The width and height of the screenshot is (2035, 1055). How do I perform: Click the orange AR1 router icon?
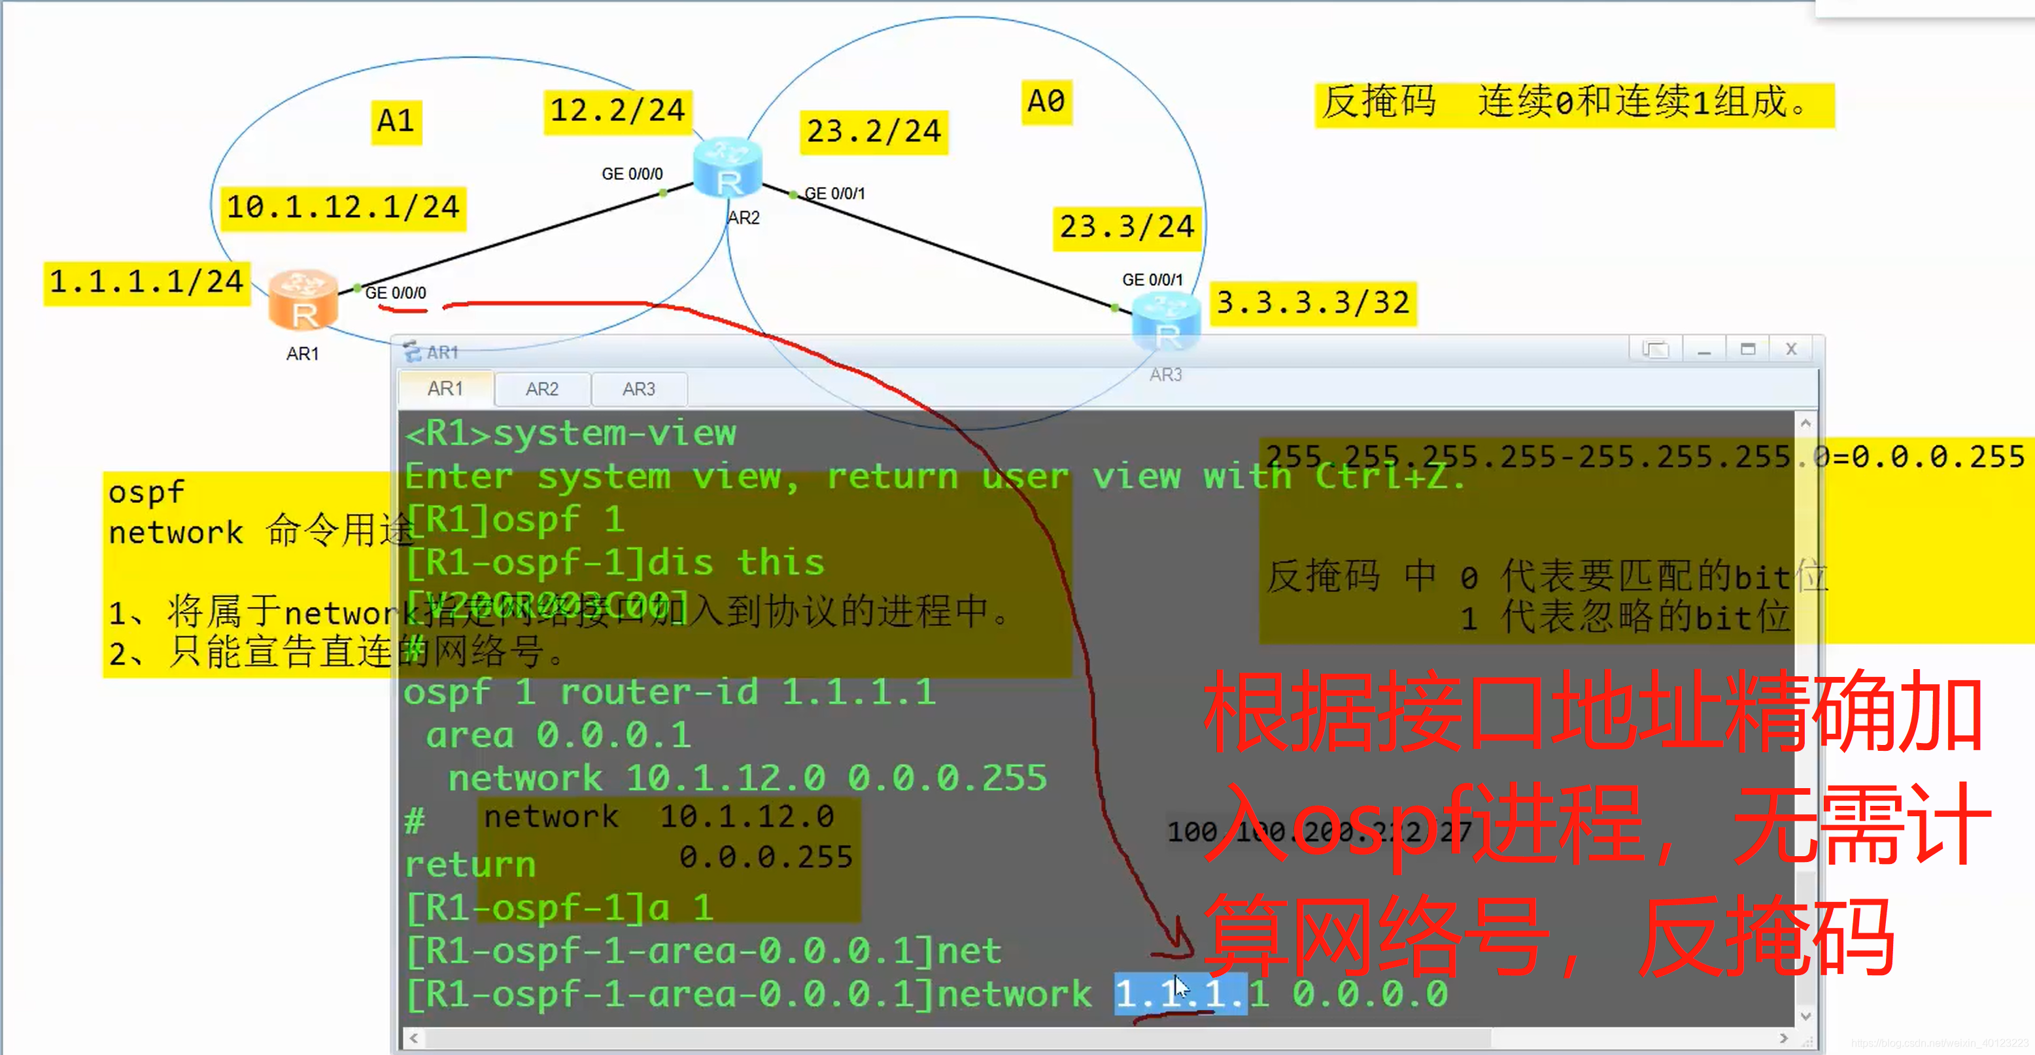pyautogui.click(x=303, y=300)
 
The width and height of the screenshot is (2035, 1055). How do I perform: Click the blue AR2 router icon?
pyautogui.click(x=728, y=167)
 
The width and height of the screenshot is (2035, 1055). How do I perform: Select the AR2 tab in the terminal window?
pyautogui.click(x=542, y=389)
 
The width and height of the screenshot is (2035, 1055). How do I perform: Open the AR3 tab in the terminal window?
pyautogui.click(x=638, y=389)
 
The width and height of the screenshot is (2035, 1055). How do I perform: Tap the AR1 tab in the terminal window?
pyautogui.click(x=445, y=389)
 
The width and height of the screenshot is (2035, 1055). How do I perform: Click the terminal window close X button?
pyautogui.click(x=1791, y=349)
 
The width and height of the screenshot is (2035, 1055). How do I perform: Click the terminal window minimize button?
pyautogui.click(x=1704, y=349)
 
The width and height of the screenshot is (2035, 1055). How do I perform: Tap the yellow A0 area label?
pyautogui.click(x=1045, y=101)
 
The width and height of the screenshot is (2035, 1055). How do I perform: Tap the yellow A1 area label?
pyautogui.click(x=396, y=121)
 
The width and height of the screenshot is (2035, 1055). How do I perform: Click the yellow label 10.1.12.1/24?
pyautogui.click(x=343, y=207)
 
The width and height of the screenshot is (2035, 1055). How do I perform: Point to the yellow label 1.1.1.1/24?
pyautogui.click(x=146, y=281)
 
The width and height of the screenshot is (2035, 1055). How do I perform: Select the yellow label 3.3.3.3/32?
pyautogui.click(x=1312, y=303)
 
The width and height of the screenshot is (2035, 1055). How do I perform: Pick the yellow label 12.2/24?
pyautogui.click(x=617, y=111)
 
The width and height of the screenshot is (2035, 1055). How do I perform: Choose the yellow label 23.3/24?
pyautogui.click(x=1127, y=227)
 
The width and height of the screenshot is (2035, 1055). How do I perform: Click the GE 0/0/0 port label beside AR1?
pyautogui.click(x=395, y=292)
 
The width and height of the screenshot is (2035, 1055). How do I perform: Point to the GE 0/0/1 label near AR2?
pyautogui.click(x=834, y=194)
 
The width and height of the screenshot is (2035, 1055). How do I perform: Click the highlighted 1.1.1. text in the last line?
pyautogui.click(x=1180, y=994)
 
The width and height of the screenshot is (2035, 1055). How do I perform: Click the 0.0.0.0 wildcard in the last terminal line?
pyautogui.click(x=1370, y=994)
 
